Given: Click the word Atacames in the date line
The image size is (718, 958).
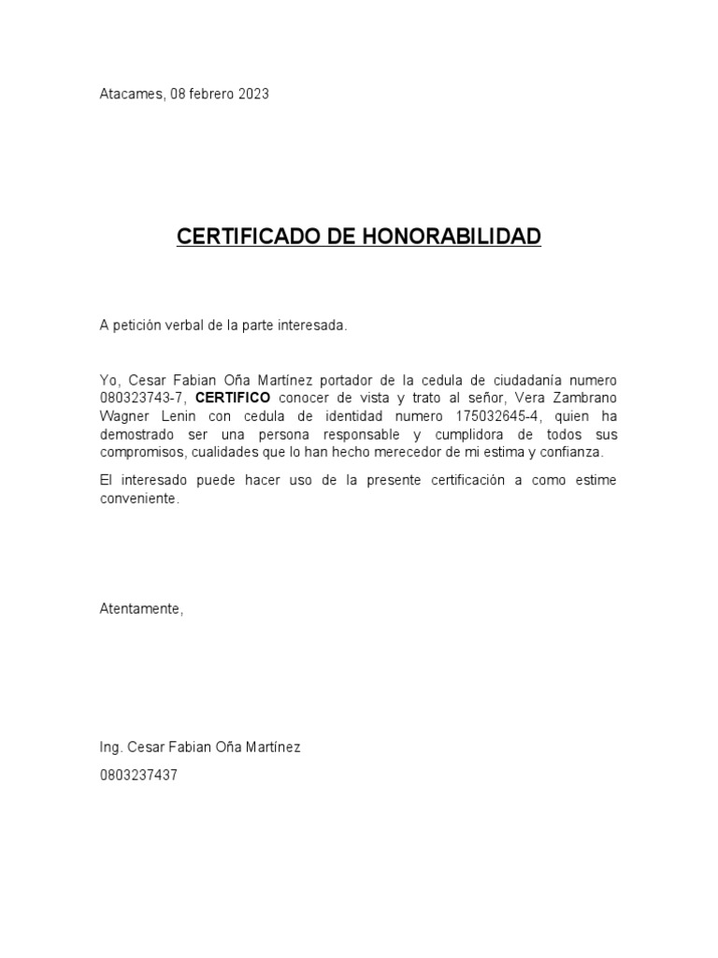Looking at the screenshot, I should [132, 94].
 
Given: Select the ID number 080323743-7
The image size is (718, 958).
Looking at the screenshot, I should [143, 399].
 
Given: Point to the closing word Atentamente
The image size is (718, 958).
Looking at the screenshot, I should [141, 609].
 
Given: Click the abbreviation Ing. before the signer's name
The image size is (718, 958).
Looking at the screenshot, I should [111, 748].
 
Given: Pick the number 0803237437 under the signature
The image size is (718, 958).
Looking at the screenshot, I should [138, 775].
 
